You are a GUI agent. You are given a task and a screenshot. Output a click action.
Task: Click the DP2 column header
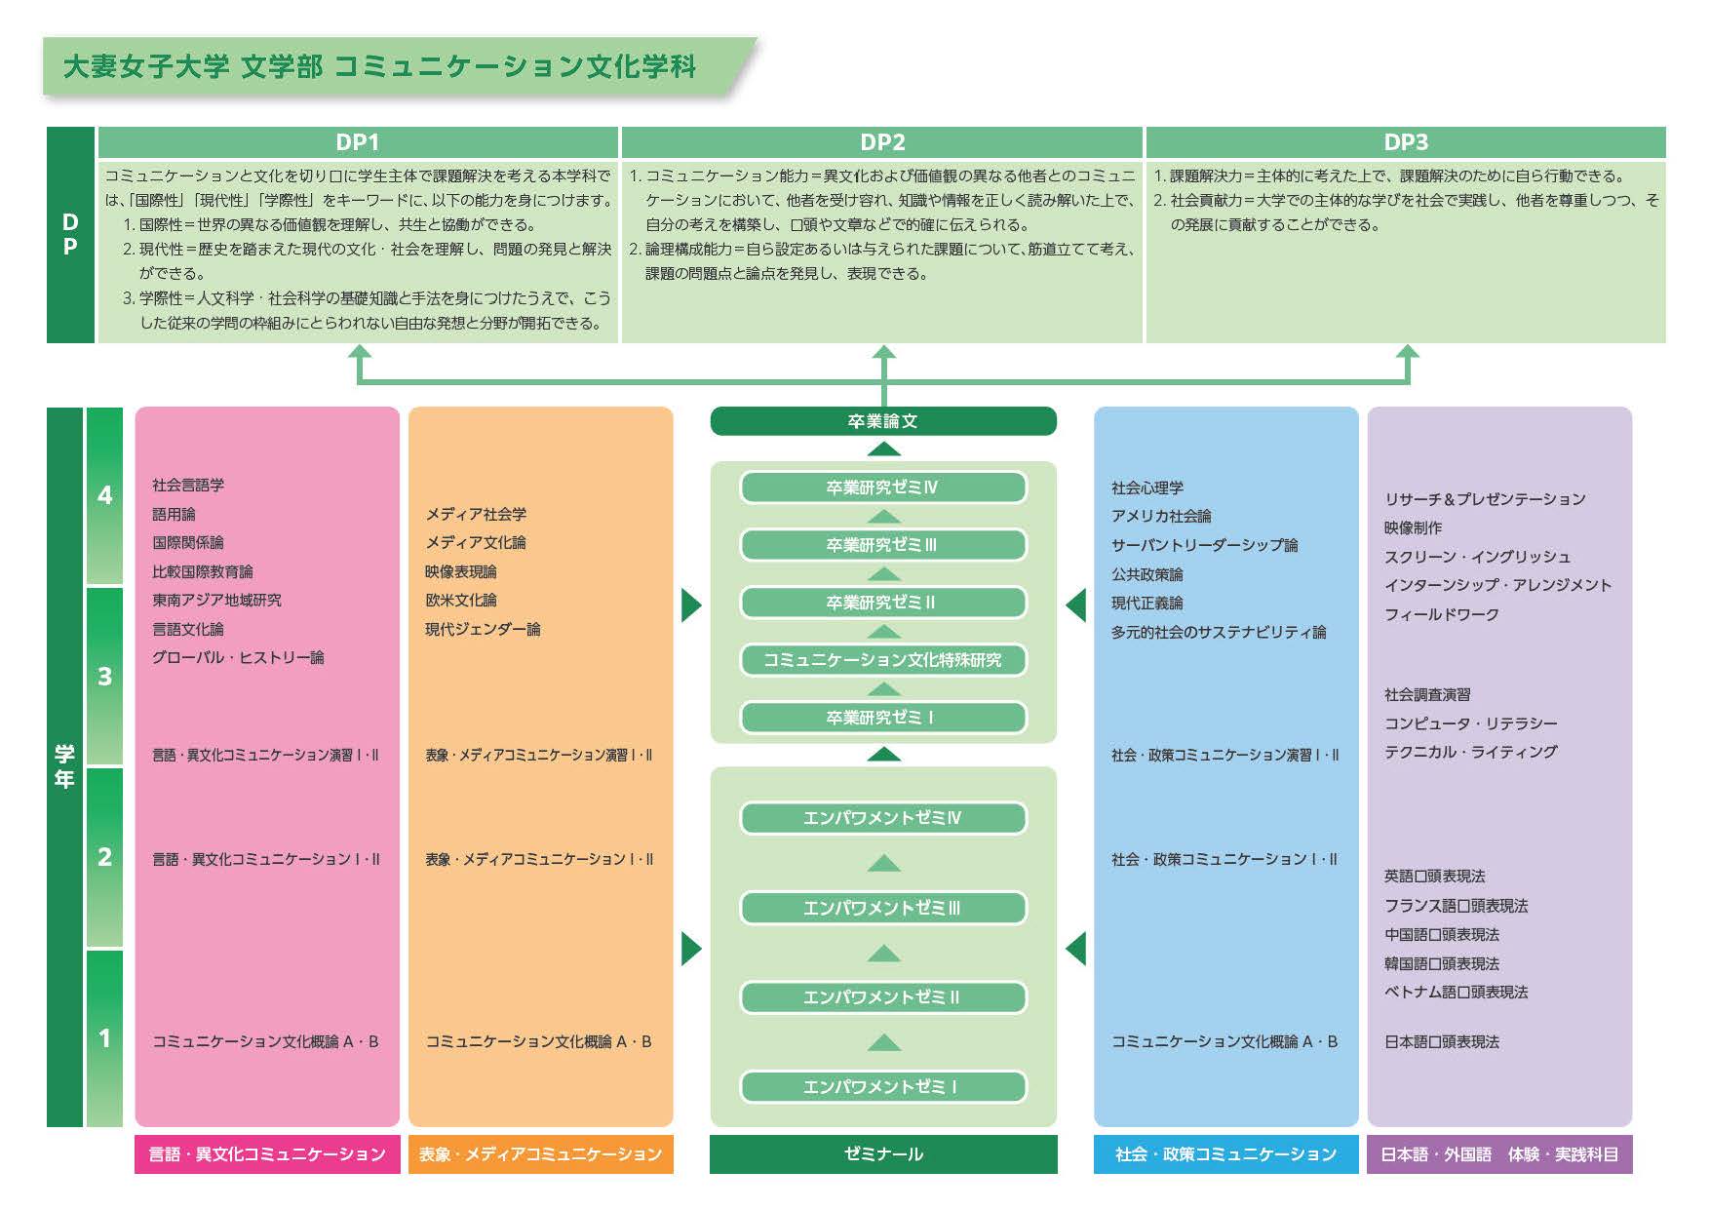882,142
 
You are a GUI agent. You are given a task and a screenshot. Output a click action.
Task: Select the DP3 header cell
1405,142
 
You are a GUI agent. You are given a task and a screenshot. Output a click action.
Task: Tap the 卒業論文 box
882,421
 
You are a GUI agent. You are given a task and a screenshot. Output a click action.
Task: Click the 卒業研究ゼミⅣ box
882,488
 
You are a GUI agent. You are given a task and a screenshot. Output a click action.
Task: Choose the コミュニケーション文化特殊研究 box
882,660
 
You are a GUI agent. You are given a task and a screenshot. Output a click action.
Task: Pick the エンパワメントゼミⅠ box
882,1086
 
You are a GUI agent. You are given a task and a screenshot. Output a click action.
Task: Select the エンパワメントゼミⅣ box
882,818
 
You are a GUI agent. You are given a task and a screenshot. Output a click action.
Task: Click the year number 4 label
104,495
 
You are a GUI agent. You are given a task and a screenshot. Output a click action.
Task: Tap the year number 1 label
104,1038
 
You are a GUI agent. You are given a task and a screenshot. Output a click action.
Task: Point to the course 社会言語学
188,485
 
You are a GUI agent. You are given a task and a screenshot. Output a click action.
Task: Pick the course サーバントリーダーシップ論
1204,545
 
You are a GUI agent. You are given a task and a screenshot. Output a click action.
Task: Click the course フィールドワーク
1441,614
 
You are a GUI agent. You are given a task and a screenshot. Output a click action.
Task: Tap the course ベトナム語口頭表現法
1456,992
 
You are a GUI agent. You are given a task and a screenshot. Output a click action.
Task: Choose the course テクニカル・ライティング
1470,752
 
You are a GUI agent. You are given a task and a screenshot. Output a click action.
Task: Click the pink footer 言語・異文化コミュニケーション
267,1154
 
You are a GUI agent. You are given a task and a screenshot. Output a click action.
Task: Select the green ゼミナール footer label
882,1154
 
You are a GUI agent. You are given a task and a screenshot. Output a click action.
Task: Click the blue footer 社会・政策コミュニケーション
1225,1154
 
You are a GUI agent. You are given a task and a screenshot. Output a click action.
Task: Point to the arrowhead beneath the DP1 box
360,352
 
